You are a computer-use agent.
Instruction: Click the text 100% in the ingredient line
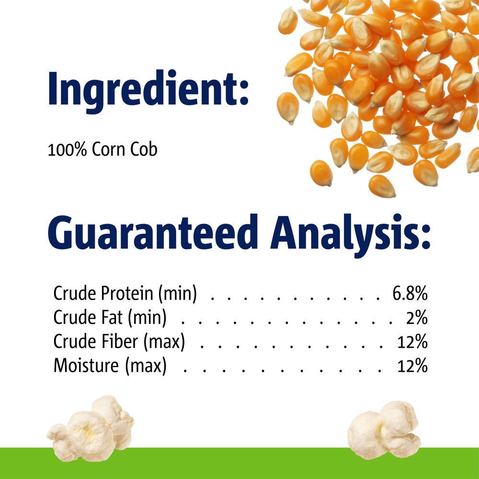[68, 150]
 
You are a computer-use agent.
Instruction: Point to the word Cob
[144, 150]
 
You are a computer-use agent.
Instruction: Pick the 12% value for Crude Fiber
[412, 342]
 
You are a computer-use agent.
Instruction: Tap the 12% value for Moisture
[412, 366]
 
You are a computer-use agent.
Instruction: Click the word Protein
[127, 294]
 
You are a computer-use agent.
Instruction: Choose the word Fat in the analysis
[111, 318]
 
